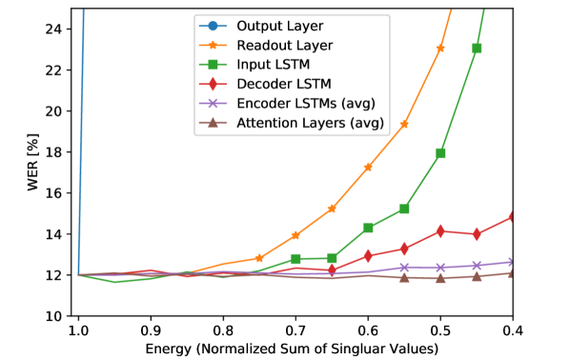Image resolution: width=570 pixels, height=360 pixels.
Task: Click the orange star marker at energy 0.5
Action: pos(440,48)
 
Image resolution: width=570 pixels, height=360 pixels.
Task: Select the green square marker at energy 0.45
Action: pos(477,48)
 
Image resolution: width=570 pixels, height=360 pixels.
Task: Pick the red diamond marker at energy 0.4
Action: pos(513,217)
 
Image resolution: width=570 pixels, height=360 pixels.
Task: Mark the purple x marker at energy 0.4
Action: pos(513,262)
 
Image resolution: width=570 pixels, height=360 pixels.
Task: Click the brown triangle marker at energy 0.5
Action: pos(440,278)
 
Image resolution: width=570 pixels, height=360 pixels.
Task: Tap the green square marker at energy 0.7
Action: pos(295,259)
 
